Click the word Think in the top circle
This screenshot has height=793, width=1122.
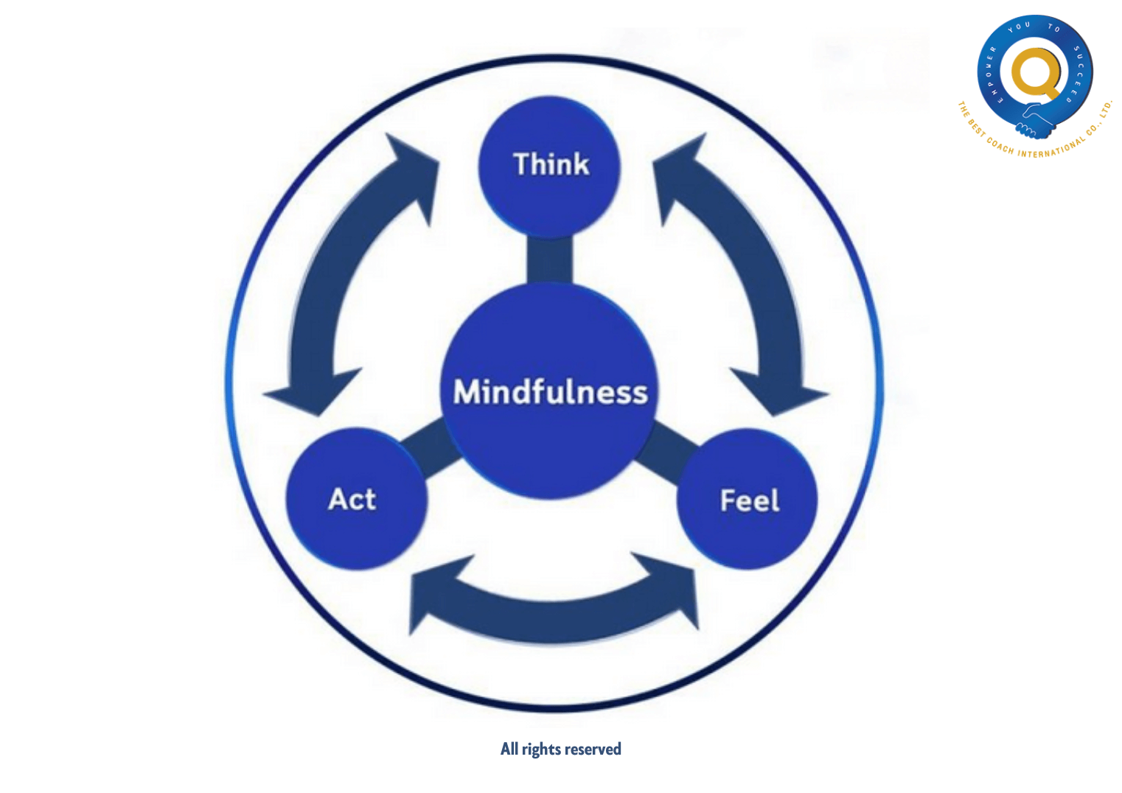551,164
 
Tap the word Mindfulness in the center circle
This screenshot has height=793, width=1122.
550,392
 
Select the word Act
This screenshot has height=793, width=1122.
352,500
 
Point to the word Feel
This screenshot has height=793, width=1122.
750,501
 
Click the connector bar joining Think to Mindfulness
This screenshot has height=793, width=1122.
549,260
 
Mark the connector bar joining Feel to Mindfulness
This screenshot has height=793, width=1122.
669,447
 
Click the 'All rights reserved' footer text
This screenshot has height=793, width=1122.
560,750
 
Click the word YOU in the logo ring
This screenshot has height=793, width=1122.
1020,27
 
